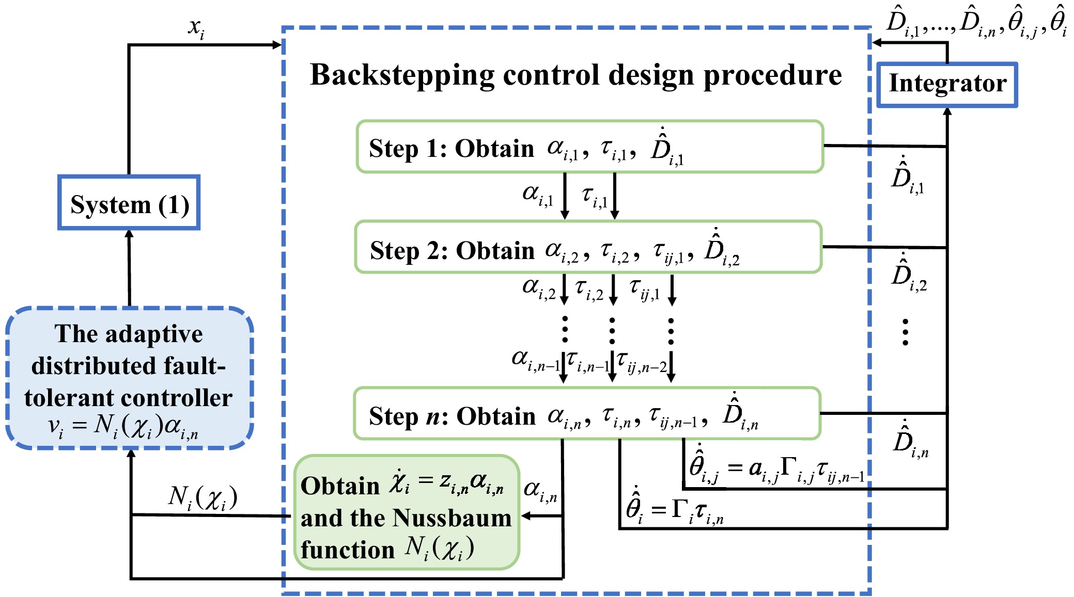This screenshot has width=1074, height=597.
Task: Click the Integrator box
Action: (x=947, y=85)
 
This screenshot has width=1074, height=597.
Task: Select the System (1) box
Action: (x=129, y=203)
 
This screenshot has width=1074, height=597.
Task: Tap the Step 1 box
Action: (x=589, y=147)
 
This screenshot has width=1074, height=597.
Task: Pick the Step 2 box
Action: (x=588, y=247)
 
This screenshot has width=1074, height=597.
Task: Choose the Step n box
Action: (x=587, y=413)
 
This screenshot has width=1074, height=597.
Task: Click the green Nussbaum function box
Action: (x=406, y=512)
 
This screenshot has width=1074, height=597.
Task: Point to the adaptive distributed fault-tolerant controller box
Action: (x=129, y=377)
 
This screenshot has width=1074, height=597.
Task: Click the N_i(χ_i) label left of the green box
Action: (x=203, y=498)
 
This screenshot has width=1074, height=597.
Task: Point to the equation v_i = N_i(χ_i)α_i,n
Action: (x=123, y=427)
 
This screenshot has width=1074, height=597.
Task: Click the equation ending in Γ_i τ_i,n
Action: (x=674, y=511)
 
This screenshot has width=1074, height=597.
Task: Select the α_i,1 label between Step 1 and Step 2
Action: (x=538, y=195)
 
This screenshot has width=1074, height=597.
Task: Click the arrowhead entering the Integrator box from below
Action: (x=947, y=111)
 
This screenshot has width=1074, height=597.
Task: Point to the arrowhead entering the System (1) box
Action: (x=129, y=234)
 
